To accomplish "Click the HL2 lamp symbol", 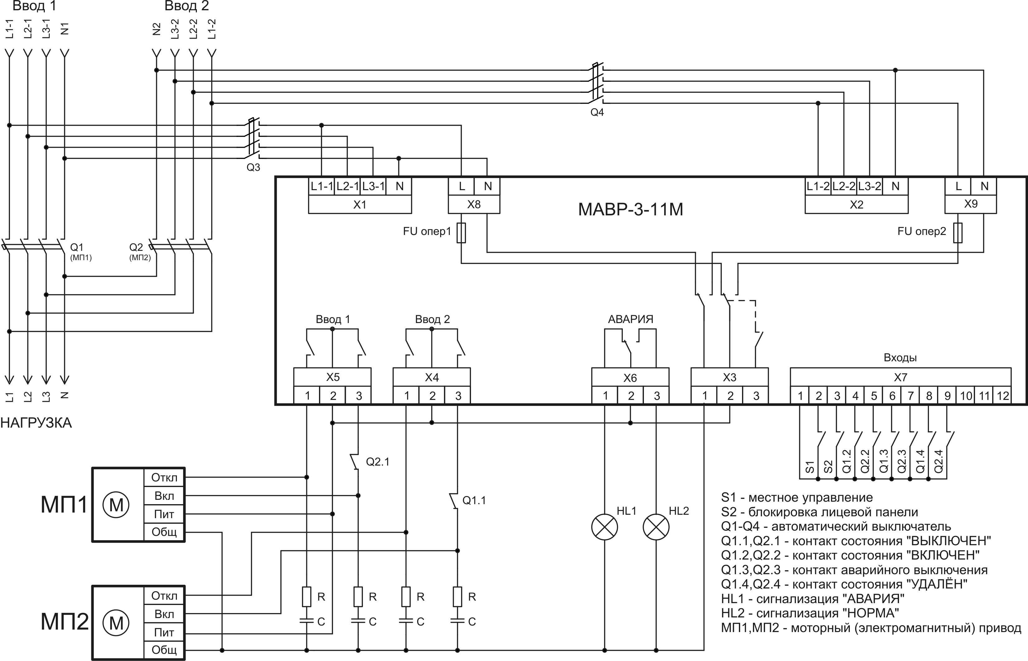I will point(656,527).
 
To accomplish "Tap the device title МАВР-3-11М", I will point(630,209).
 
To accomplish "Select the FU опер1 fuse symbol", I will point(461,233).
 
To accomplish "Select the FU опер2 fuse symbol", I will point(958,233).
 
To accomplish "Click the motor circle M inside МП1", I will point(116,505).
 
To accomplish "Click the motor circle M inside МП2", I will point(116,623).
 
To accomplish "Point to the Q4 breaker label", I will point(597,112).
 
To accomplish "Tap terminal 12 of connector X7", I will point(1003,396).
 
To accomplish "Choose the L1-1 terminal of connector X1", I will point(322,186).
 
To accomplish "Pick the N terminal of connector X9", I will point(984,186).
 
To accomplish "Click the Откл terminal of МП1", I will point(164,477).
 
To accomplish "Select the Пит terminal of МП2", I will point(164,632).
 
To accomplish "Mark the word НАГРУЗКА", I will point(36,423).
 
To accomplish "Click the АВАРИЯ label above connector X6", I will point(630,319).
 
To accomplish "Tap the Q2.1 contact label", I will point(378,462).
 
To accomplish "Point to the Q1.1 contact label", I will point(474,500).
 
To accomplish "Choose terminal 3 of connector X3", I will point(756,396).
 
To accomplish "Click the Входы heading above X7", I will point(900,358).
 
